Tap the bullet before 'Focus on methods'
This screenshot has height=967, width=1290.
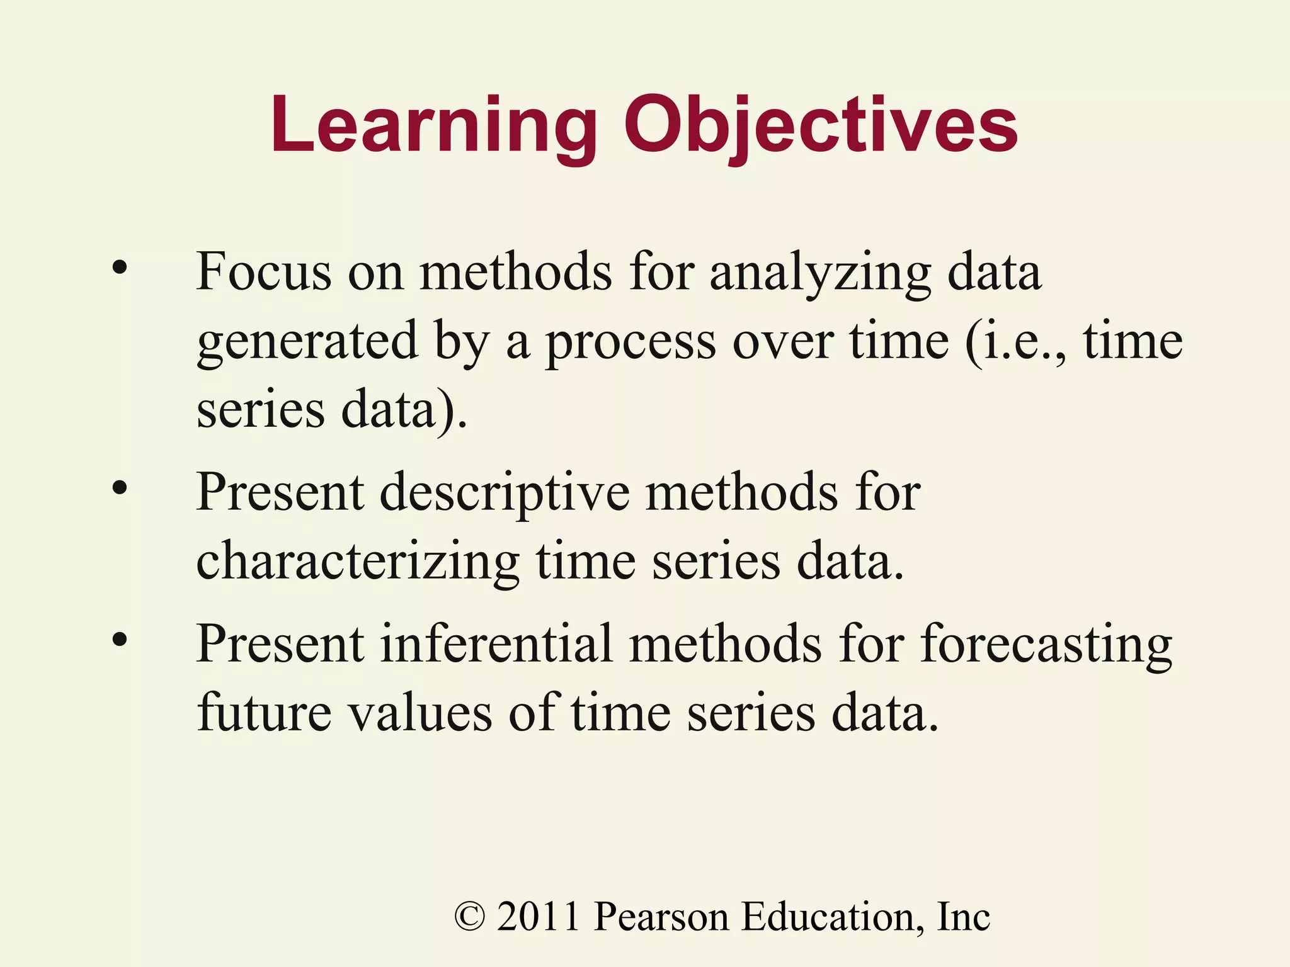tap(120, 269)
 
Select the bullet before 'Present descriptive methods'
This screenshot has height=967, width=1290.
tap(120, 488)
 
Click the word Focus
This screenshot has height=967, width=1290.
tap(263, 272)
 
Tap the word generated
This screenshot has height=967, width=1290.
tap(307, 342)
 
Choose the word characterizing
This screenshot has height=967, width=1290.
tap(358, 562)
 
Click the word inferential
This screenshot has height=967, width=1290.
tap(496, 643)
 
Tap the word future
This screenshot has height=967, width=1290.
tap(264, 713)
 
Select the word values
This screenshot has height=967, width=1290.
tap(420, 713)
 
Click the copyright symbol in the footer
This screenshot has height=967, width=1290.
tap(470, 917)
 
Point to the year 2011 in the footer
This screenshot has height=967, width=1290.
tap(538, 917)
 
